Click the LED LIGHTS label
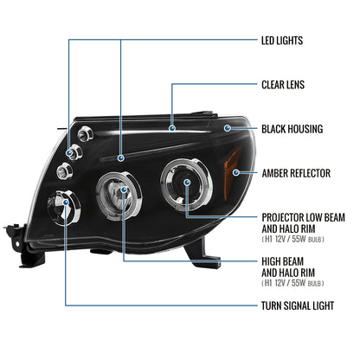point(287,40)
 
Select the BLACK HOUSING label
point(292,128)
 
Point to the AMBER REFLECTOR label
point(295,173)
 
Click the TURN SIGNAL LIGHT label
point(299,305)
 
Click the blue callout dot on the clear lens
point(173,128)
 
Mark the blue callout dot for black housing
point(227,128)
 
